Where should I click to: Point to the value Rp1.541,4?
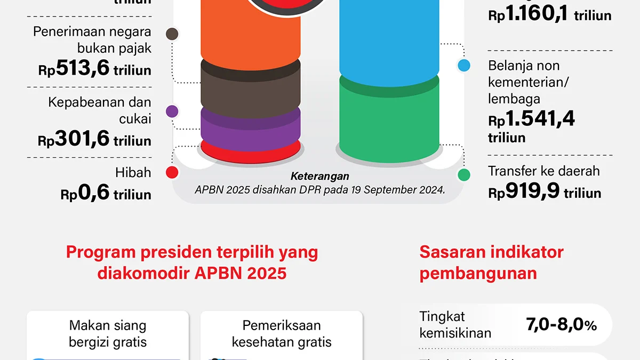coord(532,118)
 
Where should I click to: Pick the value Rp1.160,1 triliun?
coord(549,15)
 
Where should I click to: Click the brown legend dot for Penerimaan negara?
coord(172,34)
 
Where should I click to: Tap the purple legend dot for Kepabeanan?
coord(172,111)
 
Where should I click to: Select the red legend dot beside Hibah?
coord(172,172)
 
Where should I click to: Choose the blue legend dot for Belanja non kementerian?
coord(464,66)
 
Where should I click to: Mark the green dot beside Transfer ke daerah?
coord(464,174)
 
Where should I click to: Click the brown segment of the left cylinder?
coord(251,83)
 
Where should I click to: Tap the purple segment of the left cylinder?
coord(251,124)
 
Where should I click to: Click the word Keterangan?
coord(320,176)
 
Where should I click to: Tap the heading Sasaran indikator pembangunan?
coord(491,262)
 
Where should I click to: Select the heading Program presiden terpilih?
coord(192,262)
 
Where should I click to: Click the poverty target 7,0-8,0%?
coord(561,325)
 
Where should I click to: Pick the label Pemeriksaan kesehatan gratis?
coord(282,333)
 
